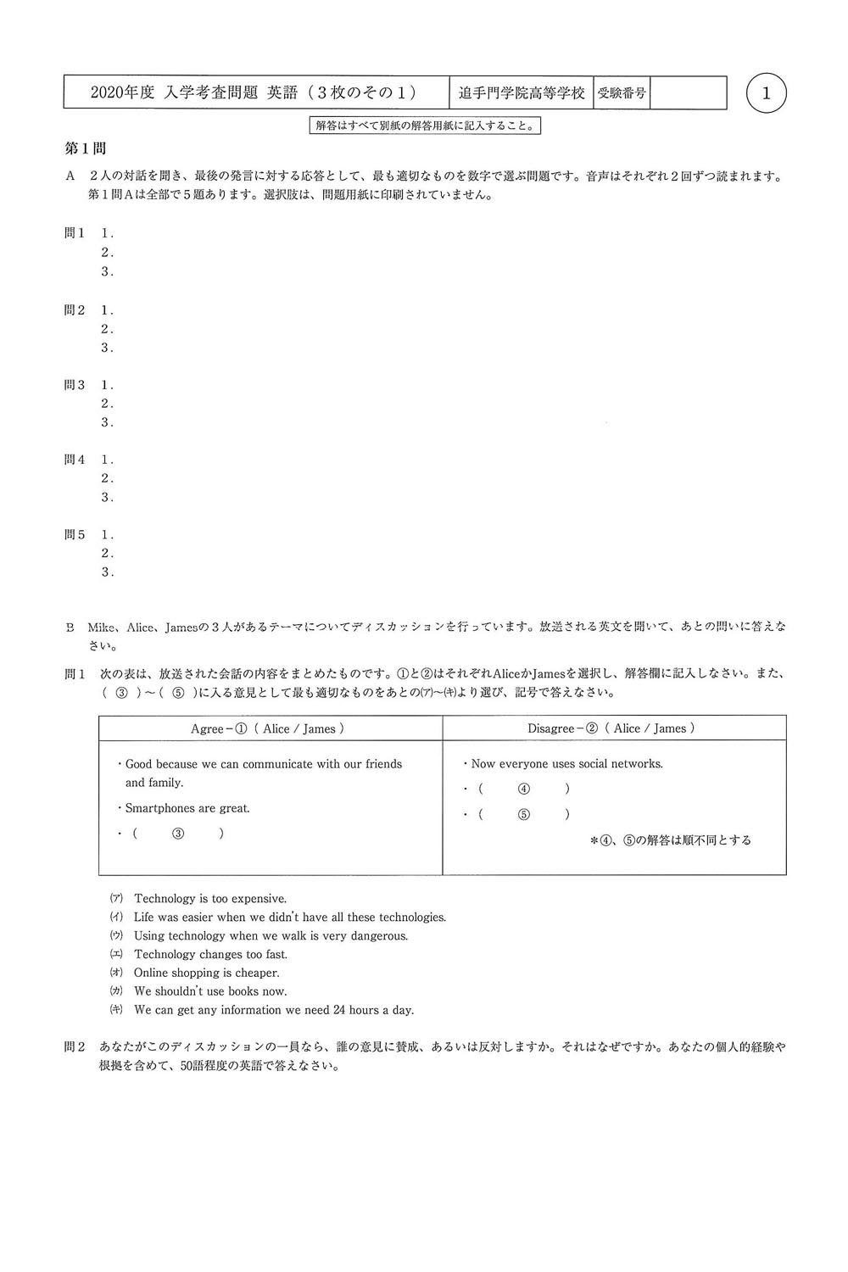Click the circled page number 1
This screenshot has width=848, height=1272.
click(767, 94)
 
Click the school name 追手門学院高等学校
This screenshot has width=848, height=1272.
click(522, 93)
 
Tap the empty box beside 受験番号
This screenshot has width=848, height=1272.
click(688, 93)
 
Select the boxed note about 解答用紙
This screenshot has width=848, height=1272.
click(425, 126)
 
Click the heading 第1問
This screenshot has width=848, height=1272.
click(86, 149)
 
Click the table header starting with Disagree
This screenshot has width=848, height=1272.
click(611, 728)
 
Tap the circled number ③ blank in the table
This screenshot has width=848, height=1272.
click(178, 834)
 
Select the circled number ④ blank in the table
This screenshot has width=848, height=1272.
click(524, 789)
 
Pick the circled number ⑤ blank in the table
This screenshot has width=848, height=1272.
click(524, 814)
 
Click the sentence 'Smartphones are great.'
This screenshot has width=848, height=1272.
click(187, 808)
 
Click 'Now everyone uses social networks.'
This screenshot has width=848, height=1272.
click(566, 764)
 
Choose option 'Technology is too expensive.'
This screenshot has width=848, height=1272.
click(210, 899)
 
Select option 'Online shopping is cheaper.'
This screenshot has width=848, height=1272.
click(206, 973)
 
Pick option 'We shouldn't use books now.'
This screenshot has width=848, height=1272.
click(210, 991)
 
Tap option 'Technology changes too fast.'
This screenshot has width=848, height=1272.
click(210, 954)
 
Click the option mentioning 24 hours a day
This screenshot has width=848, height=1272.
click(274, 1010)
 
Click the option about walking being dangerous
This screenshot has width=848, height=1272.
click(271, 935)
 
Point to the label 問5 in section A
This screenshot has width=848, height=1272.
click(75, 535)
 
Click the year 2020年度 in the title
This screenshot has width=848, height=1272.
click(122, 93)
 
